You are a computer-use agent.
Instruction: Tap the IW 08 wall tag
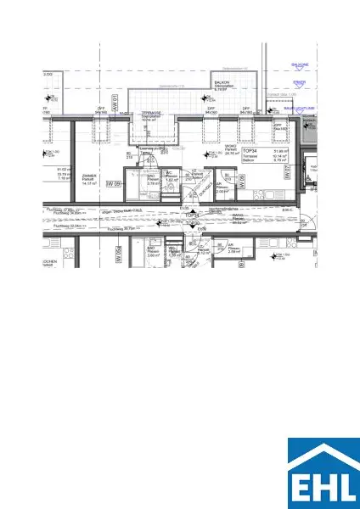pyautogui.click(x=241, y=180)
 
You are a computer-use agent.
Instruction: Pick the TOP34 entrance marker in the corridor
pyautogui.click(x=192, y=215)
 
